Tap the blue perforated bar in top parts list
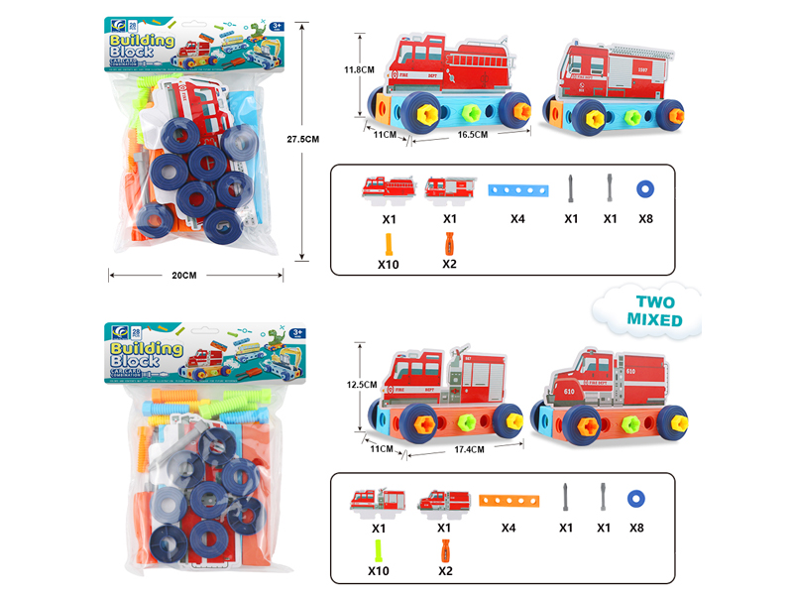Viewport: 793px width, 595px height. (511, 188)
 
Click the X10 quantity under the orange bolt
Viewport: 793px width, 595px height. (388, 265)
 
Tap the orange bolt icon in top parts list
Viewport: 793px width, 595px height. (388, 242)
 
